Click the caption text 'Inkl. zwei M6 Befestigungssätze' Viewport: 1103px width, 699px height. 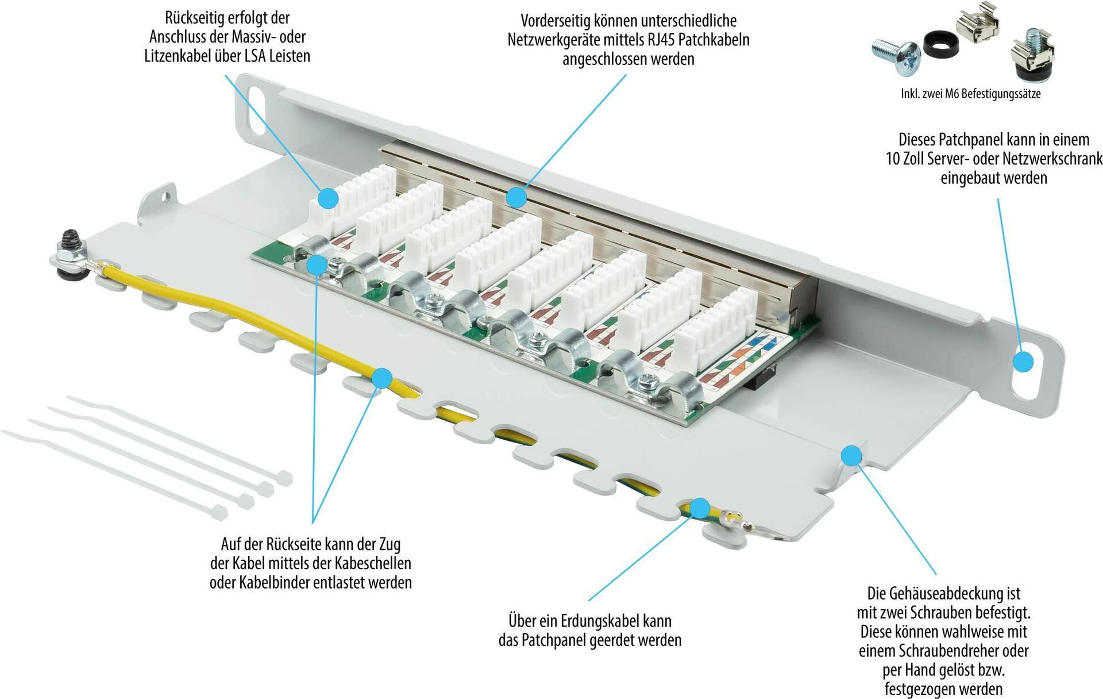tap(970, 94)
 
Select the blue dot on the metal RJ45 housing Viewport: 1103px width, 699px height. tap(516, 198)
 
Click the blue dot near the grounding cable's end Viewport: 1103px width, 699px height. tap(699, 508)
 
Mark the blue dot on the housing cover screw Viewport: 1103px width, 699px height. tap(851, 456)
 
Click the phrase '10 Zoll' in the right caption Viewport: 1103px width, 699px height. tap(904, 159)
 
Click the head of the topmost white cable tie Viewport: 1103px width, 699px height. tap(284, 478)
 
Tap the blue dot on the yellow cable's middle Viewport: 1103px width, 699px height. tap(382, 378)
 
